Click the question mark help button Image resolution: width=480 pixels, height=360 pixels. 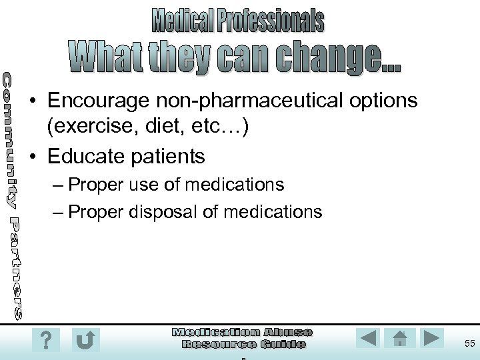[45, 340]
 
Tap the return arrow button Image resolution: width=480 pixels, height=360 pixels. [86, 340]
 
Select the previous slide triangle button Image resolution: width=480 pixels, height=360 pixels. [369, 338]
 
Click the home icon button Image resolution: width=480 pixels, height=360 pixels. [401, 338]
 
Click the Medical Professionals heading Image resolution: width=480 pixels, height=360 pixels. [238, 21]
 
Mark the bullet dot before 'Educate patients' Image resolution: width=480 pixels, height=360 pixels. [33, 157]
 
